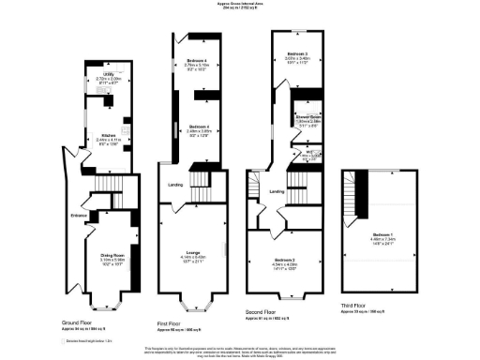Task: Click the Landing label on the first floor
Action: [x=174, y=185]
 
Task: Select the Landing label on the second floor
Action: [x=277, y=192]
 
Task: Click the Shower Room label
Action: [x=309, y=117]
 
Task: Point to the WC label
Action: [x=308, y=151]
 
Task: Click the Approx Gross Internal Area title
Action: [x=240, y=4]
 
